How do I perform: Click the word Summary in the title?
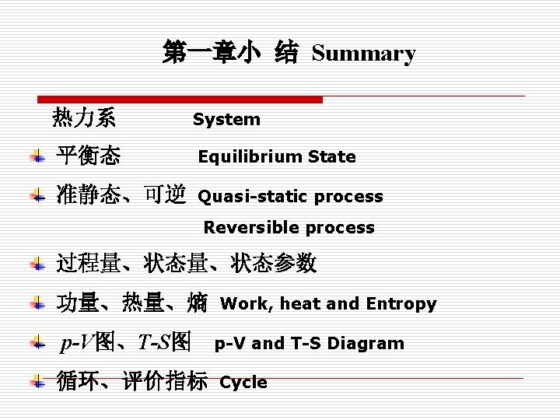point(363,54)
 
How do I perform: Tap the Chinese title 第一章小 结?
point(230,53)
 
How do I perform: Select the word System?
point(226,120)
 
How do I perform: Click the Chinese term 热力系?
point(84,118)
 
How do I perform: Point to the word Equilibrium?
point(250,157)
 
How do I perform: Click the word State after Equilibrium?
point(332,157)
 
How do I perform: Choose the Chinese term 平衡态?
point(88,156)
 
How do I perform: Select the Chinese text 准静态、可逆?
point(121,195)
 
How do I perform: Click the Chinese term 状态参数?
point(274,264)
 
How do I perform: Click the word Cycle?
point(243,383)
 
